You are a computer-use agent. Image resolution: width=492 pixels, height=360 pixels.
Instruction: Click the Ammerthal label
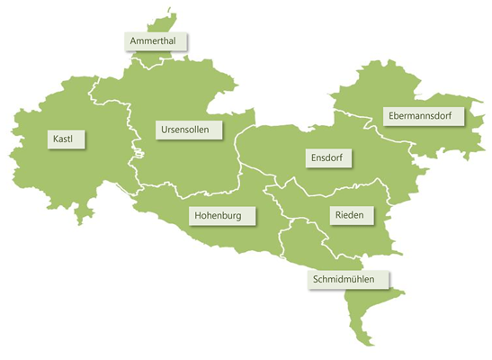(x=157, y=42)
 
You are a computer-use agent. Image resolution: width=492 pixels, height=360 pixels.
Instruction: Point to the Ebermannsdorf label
(x=422, y=117)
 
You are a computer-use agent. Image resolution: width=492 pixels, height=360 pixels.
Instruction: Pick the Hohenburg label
(x=224, y=216)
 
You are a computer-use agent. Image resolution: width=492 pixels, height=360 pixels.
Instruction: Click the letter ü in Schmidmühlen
(x=366, y=279)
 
